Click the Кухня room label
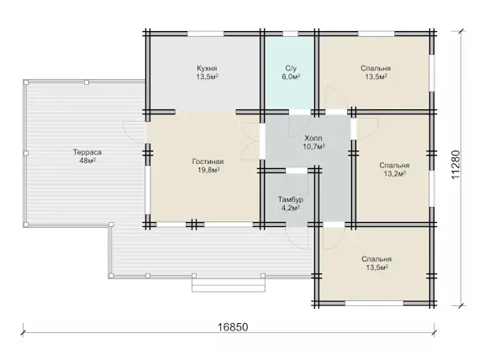click(207, 68)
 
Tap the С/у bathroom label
click(291, 68)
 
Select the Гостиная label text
click(208, 161)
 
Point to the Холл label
click(313, 138)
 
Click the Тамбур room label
click(290, 199)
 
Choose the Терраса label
click(87, 152)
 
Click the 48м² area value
click(87, 161)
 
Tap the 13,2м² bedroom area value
click(394, 174)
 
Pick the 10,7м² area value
click(313, 146)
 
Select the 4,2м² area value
click(290, 208)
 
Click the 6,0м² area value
click(291, 77)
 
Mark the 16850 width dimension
click(233, 327)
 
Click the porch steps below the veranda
click(229, 285)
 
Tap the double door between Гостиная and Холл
click(250, 141)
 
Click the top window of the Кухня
click(205, 34)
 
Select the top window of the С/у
click(290, 34)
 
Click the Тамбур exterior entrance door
click(297, 238)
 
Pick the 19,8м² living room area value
click(208, 170)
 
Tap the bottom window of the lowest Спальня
click(374, 304)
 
